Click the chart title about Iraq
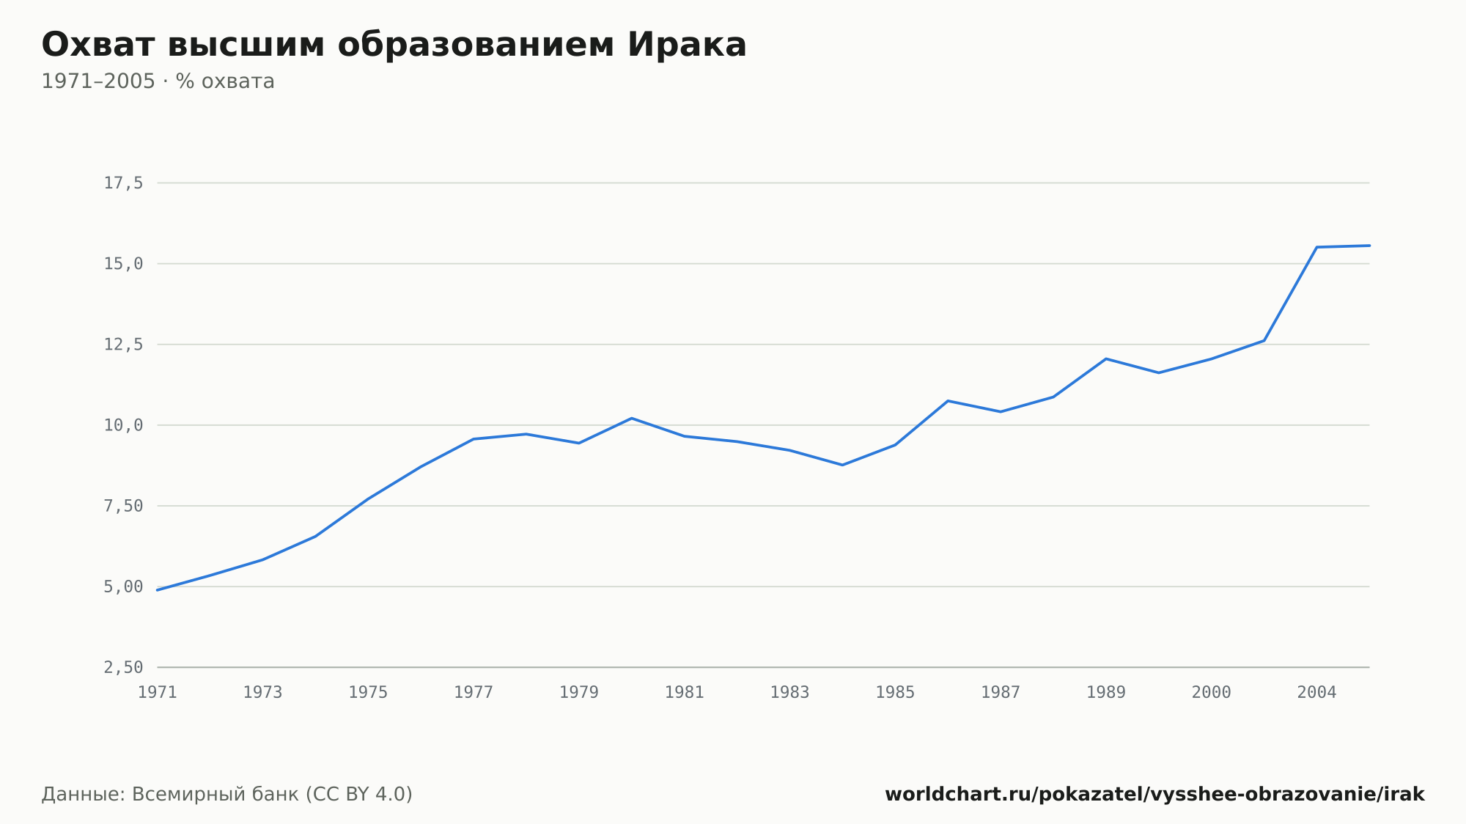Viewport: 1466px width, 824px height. [394, 45]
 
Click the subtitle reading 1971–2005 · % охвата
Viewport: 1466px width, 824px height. [158, 81]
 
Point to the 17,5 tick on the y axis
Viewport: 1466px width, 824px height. [123, 183]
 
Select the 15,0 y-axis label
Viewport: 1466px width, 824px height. [123, 264]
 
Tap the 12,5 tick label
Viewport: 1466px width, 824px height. [123, 345]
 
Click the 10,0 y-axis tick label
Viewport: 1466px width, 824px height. [123, 425]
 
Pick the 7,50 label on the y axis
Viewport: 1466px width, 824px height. [123, 506]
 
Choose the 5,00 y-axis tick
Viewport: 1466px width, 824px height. [123, 586]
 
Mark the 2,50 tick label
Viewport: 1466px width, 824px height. [123, 667]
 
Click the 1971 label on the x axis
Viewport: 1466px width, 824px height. [158, 693]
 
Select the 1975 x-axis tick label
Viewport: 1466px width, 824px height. [368, 693]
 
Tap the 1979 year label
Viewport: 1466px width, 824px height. [579, 693]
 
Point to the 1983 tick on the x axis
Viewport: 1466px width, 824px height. [789, 693]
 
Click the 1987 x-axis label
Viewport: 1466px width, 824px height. [1001, 693]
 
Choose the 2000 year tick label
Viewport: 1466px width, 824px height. [1212, 693]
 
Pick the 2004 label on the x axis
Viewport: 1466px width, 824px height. [1317, 693]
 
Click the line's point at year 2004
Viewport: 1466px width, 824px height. [1317, 247]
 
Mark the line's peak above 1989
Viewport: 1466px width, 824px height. [1106, 358]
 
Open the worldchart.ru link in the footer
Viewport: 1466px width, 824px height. [1154, 795]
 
